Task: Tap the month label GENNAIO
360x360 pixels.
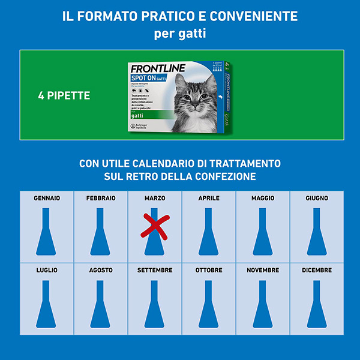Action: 47,198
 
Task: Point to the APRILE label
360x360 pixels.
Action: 209,198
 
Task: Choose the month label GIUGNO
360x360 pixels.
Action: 316,198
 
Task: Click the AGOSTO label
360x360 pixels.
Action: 101,270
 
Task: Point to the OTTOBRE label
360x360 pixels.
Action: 209,270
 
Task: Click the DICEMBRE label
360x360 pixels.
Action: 316,270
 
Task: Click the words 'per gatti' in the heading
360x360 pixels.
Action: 180,34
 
